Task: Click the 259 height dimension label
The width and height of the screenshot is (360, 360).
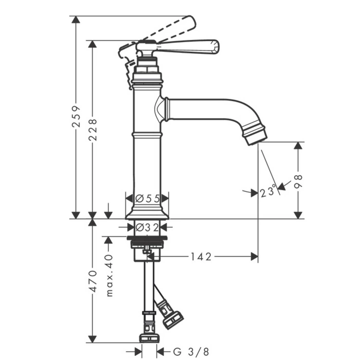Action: pos(76,116)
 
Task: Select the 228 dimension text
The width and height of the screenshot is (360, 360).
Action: pos(93,130)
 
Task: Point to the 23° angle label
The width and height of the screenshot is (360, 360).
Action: pos(268,191)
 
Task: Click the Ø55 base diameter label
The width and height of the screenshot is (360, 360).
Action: pos(148,199)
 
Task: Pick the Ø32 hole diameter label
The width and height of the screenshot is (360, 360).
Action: pos(147,227)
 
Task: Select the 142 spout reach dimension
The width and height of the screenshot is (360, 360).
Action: pos(201,257)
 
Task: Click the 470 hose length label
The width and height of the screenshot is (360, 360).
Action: pos(93,281)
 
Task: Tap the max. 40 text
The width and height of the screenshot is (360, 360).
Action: pos(110,276)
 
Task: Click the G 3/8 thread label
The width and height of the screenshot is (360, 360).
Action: pos(191,351)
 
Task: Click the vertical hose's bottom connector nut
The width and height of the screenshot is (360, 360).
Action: pos(149,337)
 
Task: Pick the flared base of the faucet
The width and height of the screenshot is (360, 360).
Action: pos(147,213)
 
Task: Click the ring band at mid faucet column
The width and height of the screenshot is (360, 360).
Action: pos(147,135)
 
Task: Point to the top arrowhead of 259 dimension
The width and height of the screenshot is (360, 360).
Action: pos(76,20)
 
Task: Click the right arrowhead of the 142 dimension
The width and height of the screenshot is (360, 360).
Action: pos(255,257)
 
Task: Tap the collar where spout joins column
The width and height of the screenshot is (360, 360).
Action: pos(167,109)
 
